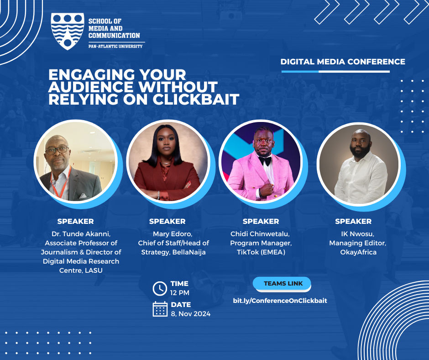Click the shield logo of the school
point(67,31)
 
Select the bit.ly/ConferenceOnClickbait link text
point(280,301)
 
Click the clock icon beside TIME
point(160,288)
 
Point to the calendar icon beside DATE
point(160,309)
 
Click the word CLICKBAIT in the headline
point(196,99)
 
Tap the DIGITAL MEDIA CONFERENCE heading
point(343,62)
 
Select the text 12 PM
point(180,293)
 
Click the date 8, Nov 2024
point(191,314)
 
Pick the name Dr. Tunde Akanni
point(81,234)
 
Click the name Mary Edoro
point(173,234)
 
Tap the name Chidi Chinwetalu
point(260,234)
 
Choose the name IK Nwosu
point(358,234)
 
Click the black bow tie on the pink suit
point(265,160)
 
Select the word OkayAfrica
point(358,252)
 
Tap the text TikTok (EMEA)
point(261,252)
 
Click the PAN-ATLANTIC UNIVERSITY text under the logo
point(115,46)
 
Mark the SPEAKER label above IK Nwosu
point(354,222)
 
